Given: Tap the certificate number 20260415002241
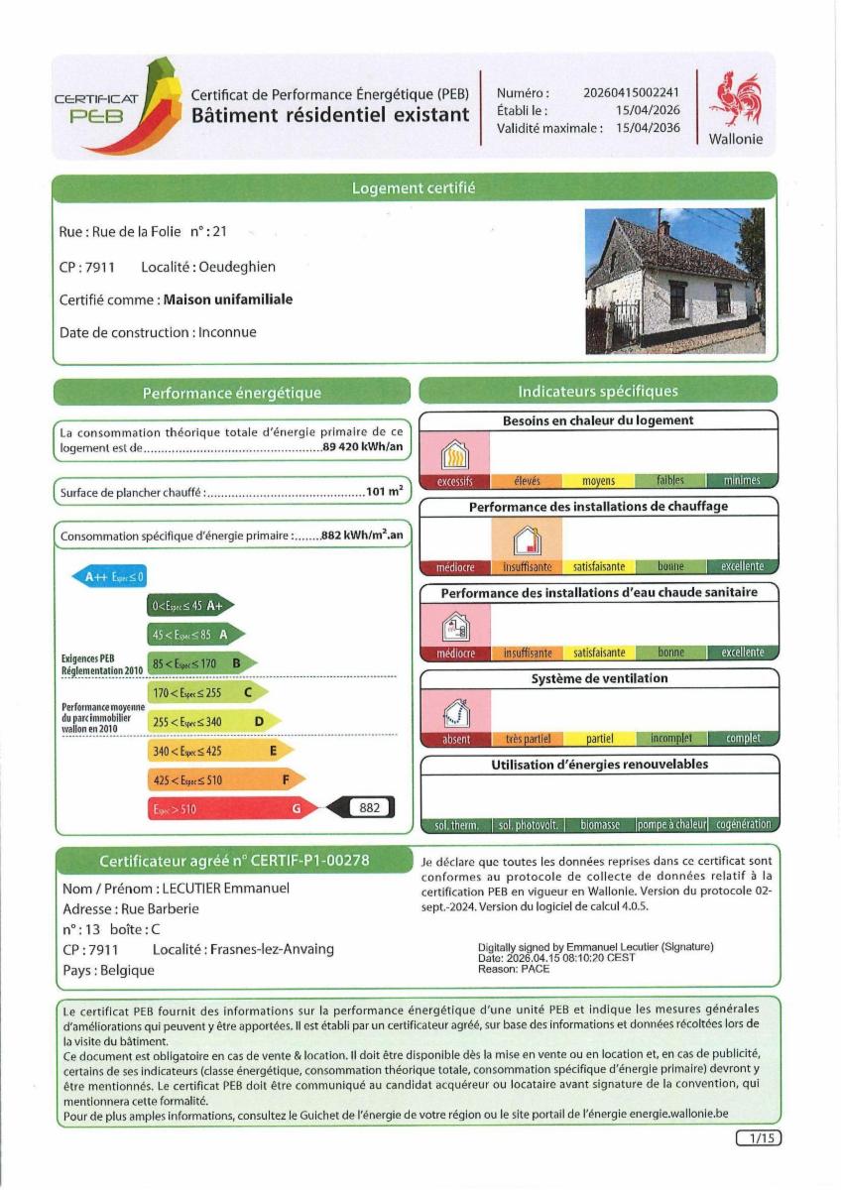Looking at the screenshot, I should click(x=631, y=92).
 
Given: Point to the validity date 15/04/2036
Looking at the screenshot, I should click(x=648, y=128).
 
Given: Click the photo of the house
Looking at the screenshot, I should click(x=674, y=281).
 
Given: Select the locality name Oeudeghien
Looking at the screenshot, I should click(x=237, y=267).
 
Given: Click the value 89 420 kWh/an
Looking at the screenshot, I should click(x=362, y=447).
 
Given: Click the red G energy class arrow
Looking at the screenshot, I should click(x=233, y=808).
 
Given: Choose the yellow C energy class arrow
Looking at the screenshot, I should click(x=206, y=692).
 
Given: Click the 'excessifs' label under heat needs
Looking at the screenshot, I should click(x=455, y=481).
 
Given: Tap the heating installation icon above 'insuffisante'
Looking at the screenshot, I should click(x=527, y=540).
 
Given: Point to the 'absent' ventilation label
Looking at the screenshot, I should click(x=456, y=739).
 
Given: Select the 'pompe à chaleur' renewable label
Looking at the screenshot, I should click(x=671, y=825).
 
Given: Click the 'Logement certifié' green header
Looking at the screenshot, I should click(x=414, y=187).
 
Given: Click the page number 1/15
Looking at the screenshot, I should click(x=758, y=1138).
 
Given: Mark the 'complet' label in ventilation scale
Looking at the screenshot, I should click(x=743, y=739).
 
